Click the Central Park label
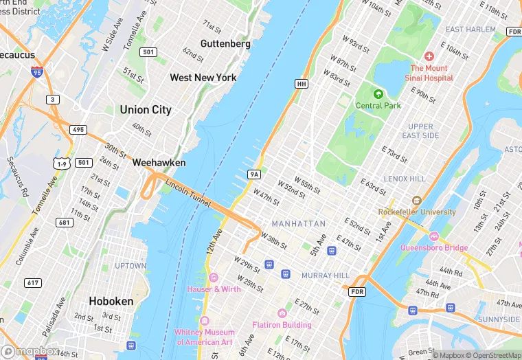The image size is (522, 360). [x=378, y=105]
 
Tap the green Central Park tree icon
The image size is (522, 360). [x=377, y=93]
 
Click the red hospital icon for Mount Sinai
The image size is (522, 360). [x=429, y=56]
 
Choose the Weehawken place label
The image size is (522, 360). [x=158, y=163]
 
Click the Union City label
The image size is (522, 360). [x=146, y=110]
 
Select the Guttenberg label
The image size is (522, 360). [x=225, y=43]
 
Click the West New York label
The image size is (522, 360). [x=203, y=78]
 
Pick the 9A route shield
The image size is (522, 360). [x=254, y=175]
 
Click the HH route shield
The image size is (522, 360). [x=301, y=84]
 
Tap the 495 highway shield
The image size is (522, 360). [x=78, y=130]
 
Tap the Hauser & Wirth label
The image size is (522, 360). [x=214, y=289]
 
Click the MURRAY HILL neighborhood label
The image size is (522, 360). [x=326, y=275]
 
